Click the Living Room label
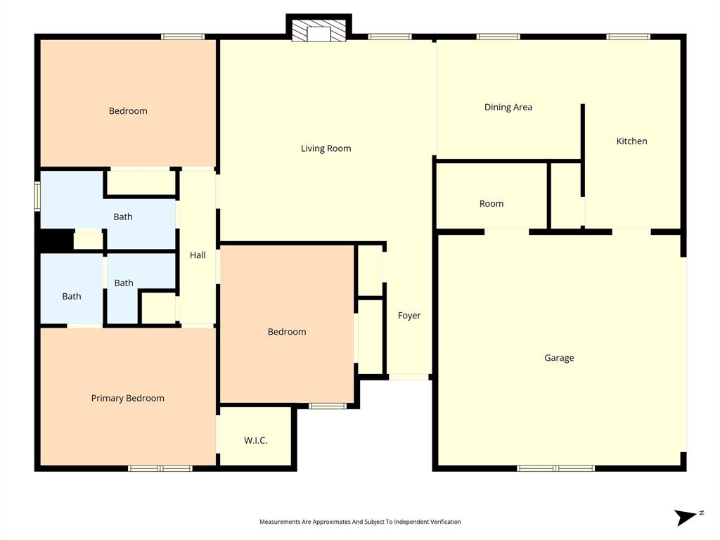tap(326, 148)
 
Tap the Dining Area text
tap(508, 108)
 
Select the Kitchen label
tap(631, 141)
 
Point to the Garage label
tap(559, 358)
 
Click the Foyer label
tap(409, 316)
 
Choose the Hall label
tap(198, 255)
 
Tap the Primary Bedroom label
tap(127, 398)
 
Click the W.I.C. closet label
tap(255, 441)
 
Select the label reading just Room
tap(491, 204)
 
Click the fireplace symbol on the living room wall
tap(319, 30)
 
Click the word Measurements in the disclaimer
tap(280, 522)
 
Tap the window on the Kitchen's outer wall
tap(629, 37)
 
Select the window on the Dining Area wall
tap(499, 37)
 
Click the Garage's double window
tap(555, 468)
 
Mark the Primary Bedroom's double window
tap(160, 468)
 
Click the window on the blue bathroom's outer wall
tap(37, 196)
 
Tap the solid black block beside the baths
tap(55, 240)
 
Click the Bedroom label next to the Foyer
tap(287, 332)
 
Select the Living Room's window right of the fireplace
tap(390, 37)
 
